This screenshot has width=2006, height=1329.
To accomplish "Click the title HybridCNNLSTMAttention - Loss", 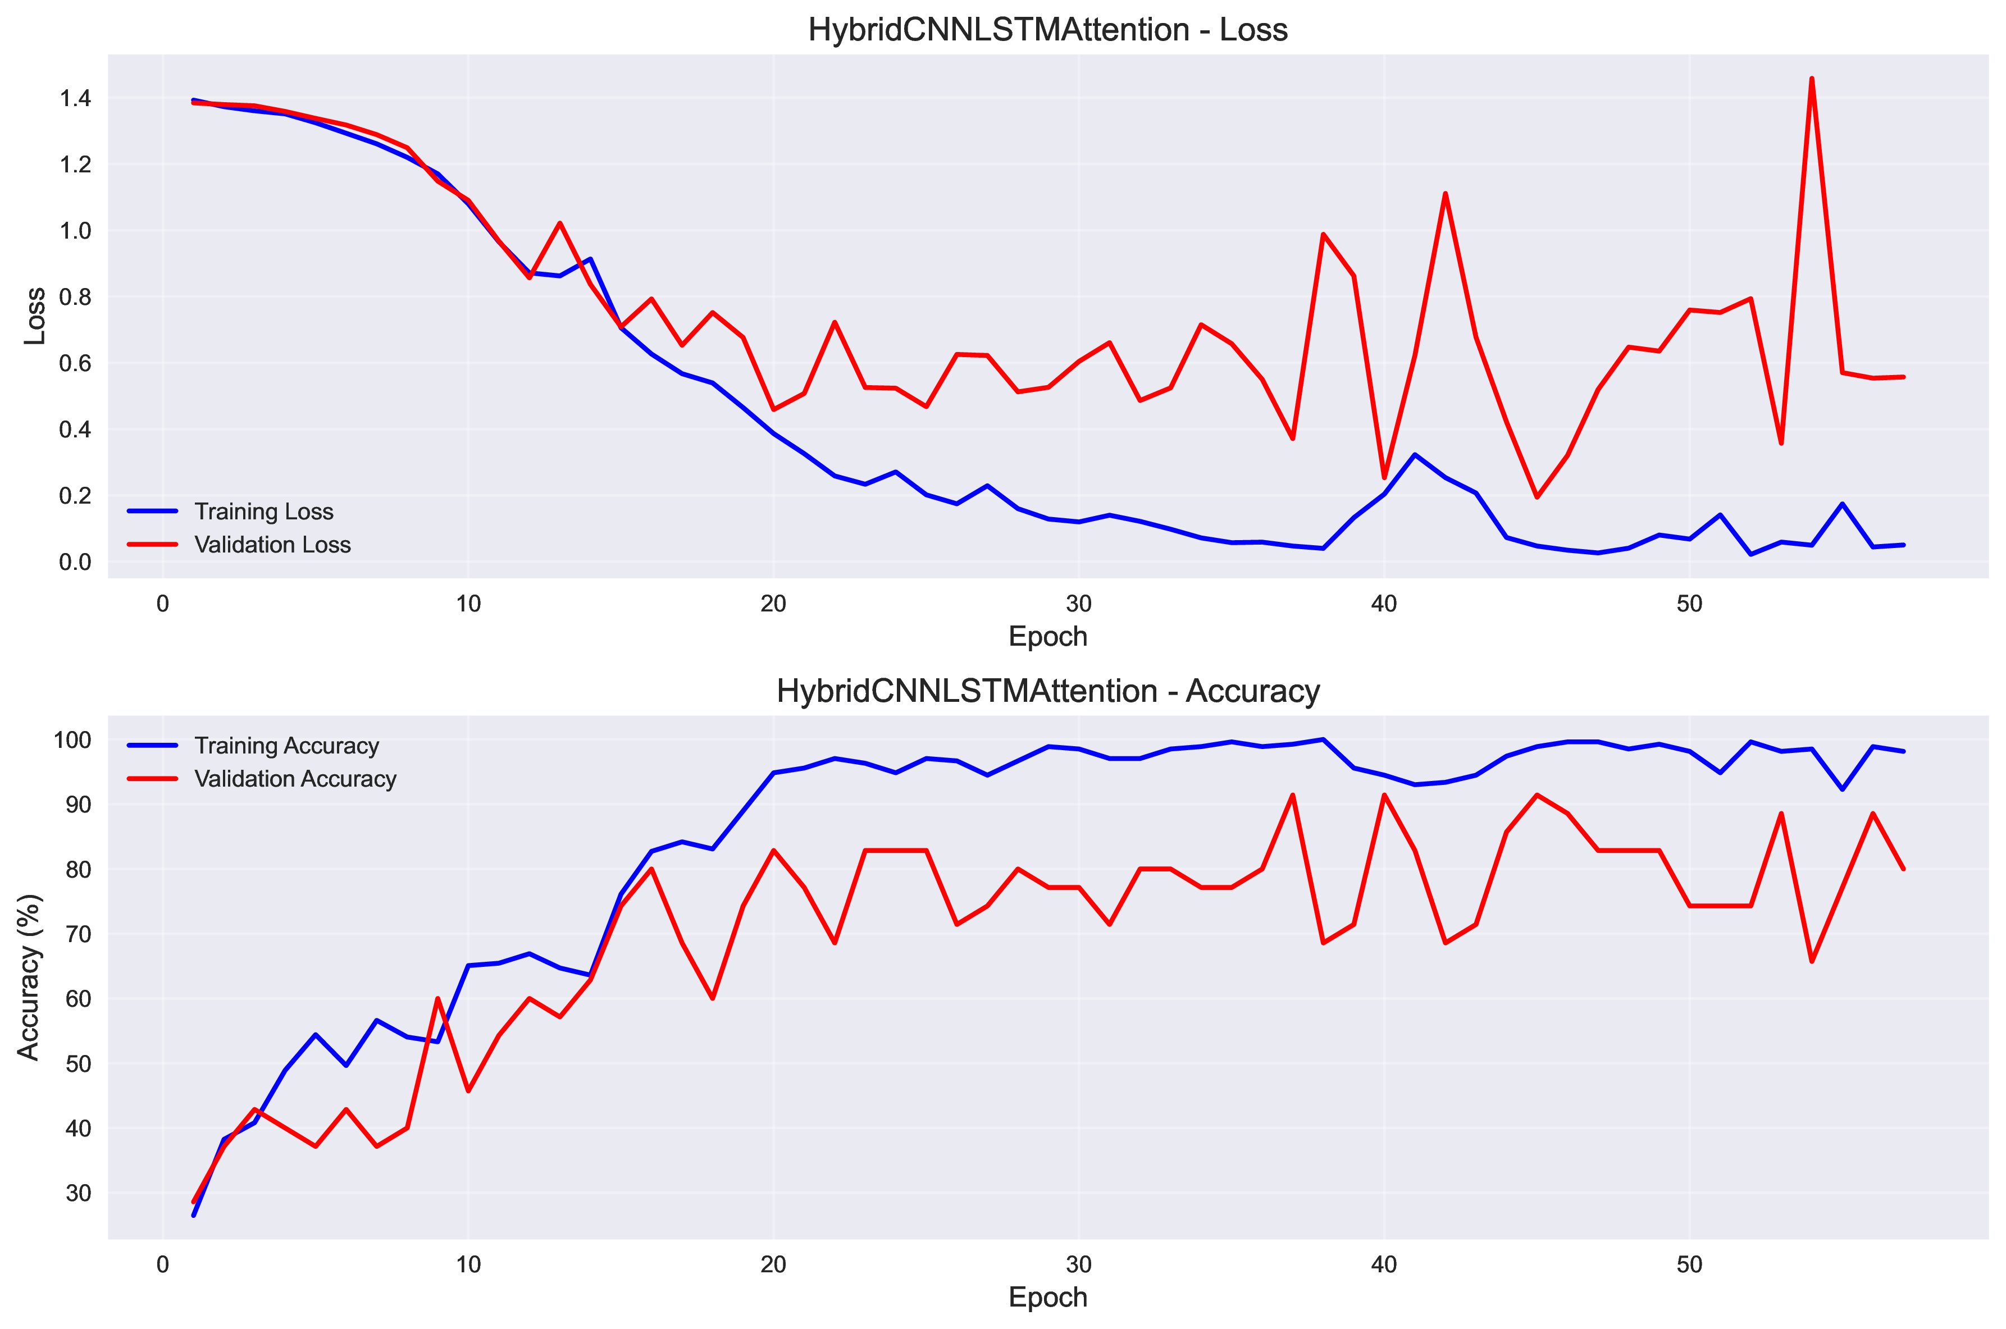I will click(x=1047, y=30).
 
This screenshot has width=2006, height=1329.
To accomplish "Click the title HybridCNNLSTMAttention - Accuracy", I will click(x=1047, y=692).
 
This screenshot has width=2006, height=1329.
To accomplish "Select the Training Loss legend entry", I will click(x=264, y=512).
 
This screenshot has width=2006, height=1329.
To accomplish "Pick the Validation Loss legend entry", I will click(x=272, y=545).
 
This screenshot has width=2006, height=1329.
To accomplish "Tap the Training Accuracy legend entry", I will click(x=286, y=746).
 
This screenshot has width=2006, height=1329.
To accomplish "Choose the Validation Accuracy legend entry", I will click(x=295, y=779).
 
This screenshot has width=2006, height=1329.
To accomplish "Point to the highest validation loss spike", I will click(x=1811, y=79).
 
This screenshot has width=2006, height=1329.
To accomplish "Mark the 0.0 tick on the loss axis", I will click(x=75, y=562).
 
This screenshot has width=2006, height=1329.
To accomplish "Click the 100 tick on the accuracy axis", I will click(x=72, y=740).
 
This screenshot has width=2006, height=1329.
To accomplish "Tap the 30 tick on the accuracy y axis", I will click(x=78, y=1193).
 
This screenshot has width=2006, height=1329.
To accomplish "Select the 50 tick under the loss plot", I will click(x=1689, y=604).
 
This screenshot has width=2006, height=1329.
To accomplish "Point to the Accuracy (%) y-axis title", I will click(x=29, y=978).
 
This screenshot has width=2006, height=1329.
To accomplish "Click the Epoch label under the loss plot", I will click(x=1047, y=637).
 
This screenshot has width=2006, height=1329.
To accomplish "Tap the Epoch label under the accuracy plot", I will click(x=1047, y=1298).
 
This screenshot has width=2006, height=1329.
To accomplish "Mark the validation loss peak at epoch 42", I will click(x=1445, y=194).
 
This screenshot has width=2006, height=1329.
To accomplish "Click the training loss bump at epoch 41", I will click(x=1414, y=455).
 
